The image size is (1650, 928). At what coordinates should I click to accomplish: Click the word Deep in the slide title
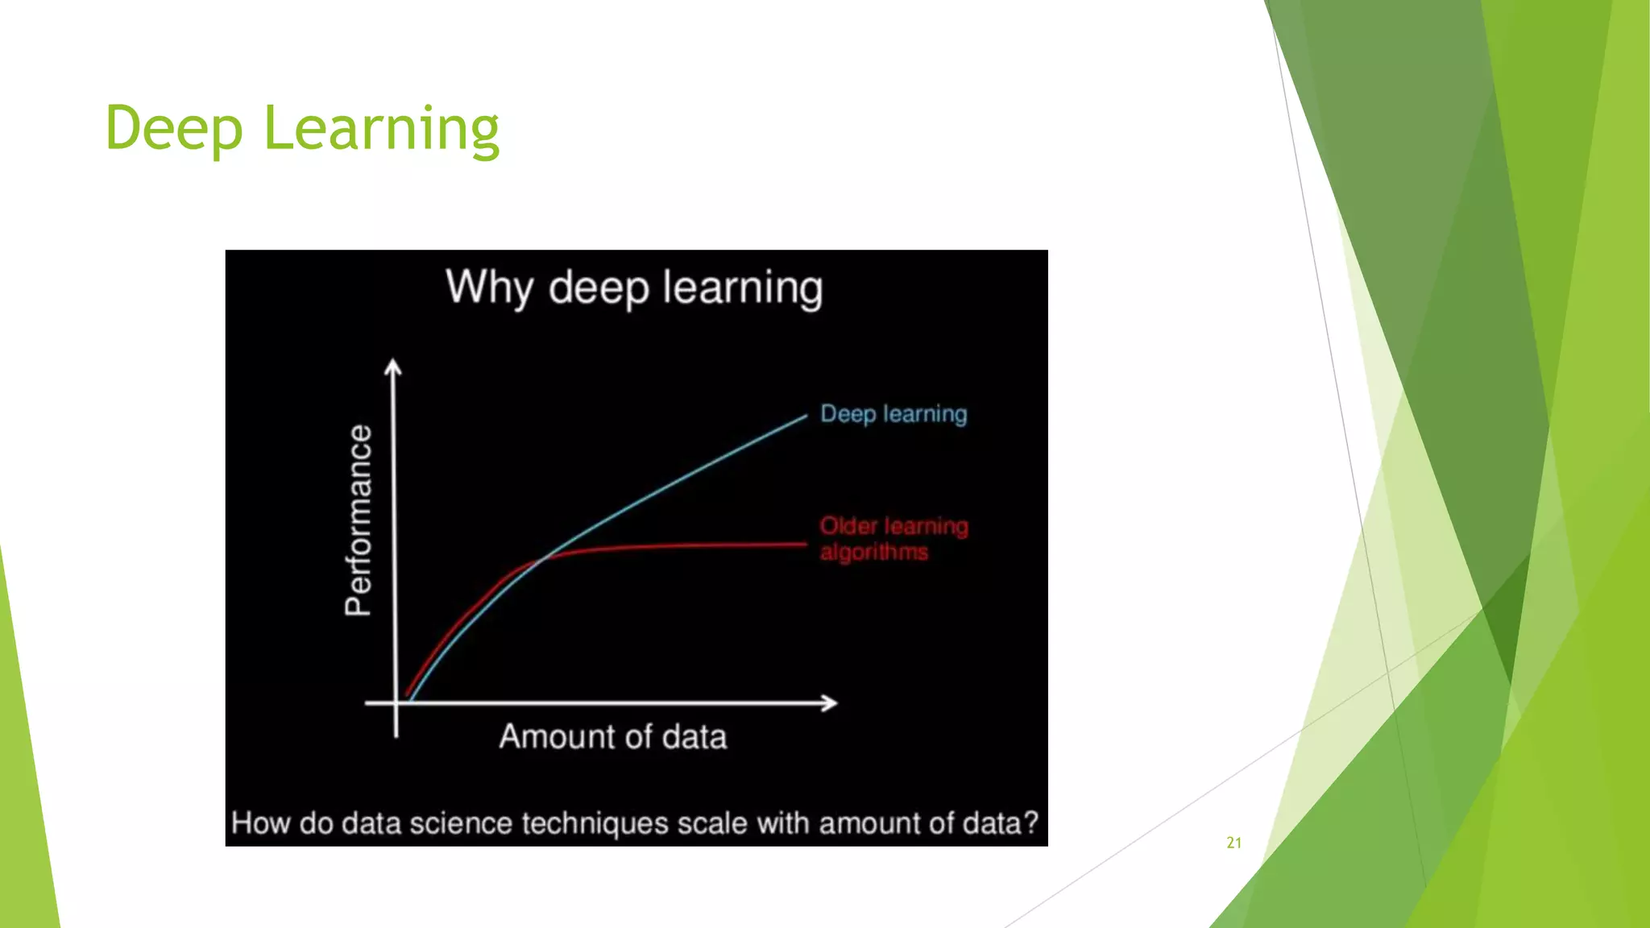click(173, 129)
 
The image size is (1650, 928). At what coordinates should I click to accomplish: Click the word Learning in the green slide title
click(381, 129)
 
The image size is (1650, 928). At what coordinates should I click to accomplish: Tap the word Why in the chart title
click(489, 288)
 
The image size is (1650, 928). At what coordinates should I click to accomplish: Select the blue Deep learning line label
click(893, 414)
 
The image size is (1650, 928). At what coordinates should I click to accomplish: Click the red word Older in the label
click(848, 526)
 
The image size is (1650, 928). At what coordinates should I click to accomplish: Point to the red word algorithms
click(873, 553)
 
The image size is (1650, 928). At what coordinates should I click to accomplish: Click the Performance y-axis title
click(359, 520)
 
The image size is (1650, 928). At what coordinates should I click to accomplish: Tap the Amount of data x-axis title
click(612, 737)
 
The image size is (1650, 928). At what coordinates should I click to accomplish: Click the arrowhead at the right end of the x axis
click(830, 703)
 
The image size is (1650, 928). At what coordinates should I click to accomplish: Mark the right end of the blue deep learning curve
click(805, 416)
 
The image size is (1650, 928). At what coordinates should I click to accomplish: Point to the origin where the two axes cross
click(396, 703)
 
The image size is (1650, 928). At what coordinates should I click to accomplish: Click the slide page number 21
click(1233, 843)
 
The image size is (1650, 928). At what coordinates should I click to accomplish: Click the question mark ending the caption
click(1030, 823)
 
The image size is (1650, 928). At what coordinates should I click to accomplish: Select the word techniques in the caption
click(595, 823)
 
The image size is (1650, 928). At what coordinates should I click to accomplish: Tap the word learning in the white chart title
click(742, 288)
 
